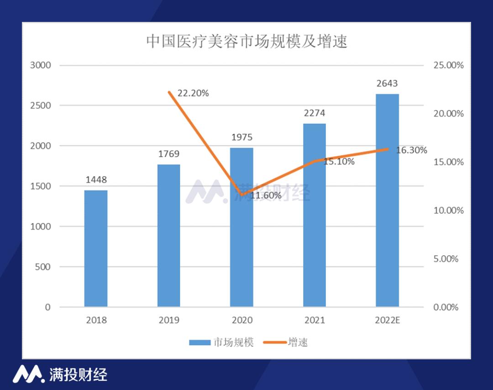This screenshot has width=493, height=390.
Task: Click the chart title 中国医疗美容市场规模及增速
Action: click(x=246, y=42)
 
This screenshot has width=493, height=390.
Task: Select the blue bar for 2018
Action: click(x=96, y=248)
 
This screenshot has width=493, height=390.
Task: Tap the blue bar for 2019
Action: click(x=169, y=236)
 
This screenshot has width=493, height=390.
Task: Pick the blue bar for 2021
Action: click(x=315, y=215)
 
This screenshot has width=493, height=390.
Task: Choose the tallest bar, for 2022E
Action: click(x=387, y=200)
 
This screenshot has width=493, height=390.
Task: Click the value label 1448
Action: click(x=96, y=180)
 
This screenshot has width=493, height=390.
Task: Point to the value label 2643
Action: click(x=387, y=84)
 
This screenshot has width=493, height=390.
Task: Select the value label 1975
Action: click(x=241, y=137)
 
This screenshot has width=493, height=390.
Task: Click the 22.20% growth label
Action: click(x=193, y=94)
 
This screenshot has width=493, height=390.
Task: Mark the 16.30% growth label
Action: click(x=411, y=150)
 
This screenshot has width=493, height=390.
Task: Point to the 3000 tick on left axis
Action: click(x=41, y=65)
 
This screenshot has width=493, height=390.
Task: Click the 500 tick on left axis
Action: click(x=43, y=267)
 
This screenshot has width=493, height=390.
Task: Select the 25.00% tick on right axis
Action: click(x=448, y=65)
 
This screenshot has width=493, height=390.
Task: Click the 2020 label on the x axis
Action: click(x=241, y=320)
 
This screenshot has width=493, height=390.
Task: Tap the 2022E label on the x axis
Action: click(x=387, y=320)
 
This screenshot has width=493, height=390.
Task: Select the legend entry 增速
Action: click(x=286, y=342)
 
